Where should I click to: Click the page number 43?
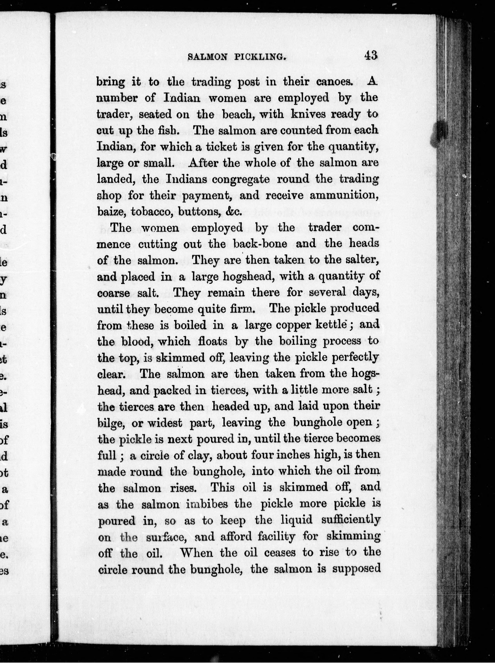click(x=371, y=56)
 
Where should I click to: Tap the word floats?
click(x=211, y=341)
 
